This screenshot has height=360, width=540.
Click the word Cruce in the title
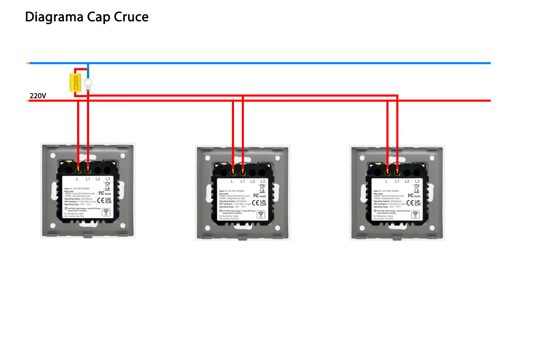tap(131, 17)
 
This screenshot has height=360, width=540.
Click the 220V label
tap(38, 96)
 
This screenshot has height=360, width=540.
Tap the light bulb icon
tap(88, 84)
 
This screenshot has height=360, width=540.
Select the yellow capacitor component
tap(75, 82)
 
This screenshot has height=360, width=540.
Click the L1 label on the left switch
tap(88, 179)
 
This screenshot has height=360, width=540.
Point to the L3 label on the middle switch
tap(262, 181)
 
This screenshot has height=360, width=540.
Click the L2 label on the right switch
tap(407, 181)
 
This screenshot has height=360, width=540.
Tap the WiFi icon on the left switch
tap(106, 212)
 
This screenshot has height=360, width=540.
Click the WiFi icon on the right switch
tap(415, 215)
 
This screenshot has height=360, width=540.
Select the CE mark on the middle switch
tap(255, 203)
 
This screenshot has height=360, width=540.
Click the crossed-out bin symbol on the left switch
tap(107, 186)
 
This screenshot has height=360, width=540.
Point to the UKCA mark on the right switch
tap(418, 203)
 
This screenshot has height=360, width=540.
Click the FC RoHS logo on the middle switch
tap(259, 196)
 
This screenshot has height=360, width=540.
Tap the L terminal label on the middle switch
tap(232, 181)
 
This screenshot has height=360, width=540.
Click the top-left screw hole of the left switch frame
tap(53, 155)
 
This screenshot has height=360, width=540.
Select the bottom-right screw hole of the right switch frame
tap(432, 228)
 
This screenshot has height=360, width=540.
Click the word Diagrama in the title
tap(54, 17)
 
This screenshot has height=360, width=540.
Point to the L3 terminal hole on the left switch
tap(107, 170)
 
